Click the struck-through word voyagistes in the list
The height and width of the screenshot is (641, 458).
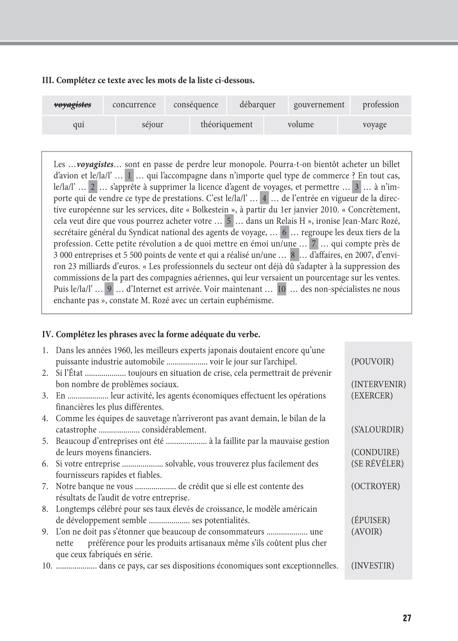pyautogui.click(x=73, y=105)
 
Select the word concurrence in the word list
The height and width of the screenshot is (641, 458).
pyautogui.click(x=134, y=105)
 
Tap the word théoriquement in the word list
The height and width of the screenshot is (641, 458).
pyautogui.click(x=226, y=124)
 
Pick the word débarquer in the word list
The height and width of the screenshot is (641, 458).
pyautogui.click(x=257, y=105)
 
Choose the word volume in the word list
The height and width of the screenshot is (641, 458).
pyautogui.click(x=301, y=124)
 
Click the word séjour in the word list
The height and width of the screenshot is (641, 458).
pyautogui.click(x=152, y=124)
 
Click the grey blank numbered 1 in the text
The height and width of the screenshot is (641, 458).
pyautogui.click(x=129, y=176)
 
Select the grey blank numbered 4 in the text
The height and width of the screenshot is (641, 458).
pyautogui.click(x=264, y=199)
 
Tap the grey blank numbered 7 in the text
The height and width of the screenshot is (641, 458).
pyautogui.click(x=314, y=244)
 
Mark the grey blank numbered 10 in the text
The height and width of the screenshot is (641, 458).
pyautogui.click(x=282, y=289)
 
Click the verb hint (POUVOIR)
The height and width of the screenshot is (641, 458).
pyautogui.click(x=372, y=362)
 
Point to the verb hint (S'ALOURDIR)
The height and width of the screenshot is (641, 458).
pyautogui.click(x=377, y=430)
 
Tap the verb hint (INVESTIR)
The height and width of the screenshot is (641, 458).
pyautogui.click(x=372, y=566)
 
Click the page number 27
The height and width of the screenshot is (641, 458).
pyautogui.click(x=407, y=618)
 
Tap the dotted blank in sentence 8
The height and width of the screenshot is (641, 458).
pyautogui.click(x=169, y=521)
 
